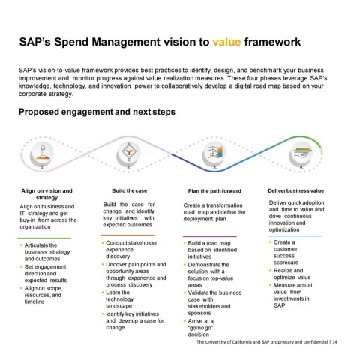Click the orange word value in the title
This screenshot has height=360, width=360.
226,42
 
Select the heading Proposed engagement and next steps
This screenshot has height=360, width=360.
97,112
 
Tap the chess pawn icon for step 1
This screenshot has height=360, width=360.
42,153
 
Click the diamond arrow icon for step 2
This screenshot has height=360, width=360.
129,152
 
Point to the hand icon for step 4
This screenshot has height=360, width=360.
302,152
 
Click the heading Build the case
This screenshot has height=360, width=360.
130,191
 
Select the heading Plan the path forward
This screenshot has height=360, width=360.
214,191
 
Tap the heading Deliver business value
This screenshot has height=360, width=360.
296,191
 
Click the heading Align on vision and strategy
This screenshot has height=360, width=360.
46,194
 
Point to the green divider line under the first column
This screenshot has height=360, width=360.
44,238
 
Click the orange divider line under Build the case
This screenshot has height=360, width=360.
127,235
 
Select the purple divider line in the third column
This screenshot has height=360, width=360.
210,236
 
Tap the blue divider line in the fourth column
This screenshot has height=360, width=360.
295,235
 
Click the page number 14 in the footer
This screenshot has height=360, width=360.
335,342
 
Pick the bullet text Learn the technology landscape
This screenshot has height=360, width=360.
120,299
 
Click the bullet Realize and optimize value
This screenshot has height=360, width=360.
292,274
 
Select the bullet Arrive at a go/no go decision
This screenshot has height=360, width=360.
201,328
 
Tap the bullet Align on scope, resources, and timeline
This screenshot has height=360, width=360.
43,295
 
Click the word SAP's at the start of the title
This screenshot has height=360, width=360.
35,42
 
